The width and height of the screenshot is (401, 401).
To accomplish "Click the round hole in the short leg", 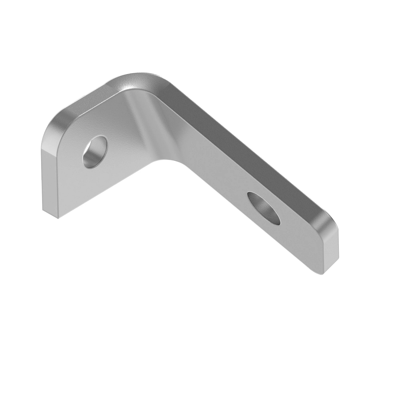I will pyautogui.click(x=96, y=151).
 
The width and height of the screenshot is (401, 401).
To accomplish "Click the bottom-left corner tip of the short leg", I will pyautogui.click(x=57, y=218).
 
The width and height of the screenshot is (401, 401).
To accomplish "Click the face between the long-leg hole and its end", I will pyautogui.click(x=297, y=237).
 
